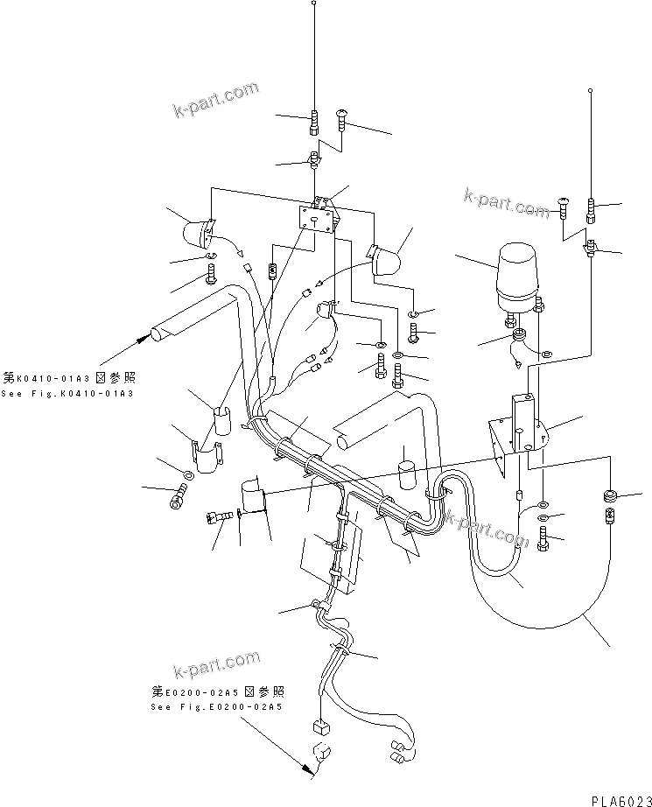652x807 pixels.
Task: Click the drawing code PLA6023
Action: pos(617,801)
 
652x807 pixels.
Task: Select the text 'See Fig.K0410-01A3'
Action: pos(67,394)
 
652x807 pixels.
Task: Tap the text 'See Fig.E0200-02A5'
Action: pos(216,705)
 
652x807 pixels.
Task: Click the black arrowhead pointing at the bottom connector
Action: pos(305,770)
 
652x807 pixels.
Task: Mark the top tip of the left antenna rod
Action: pos(314,4)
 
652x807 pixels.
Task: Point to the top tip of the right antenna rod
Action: pos(592,90)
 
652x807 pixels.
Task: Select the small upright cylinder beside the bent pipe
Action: pos(405,476)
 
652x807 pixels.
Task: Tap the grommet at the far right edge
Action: pos(611,498)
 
